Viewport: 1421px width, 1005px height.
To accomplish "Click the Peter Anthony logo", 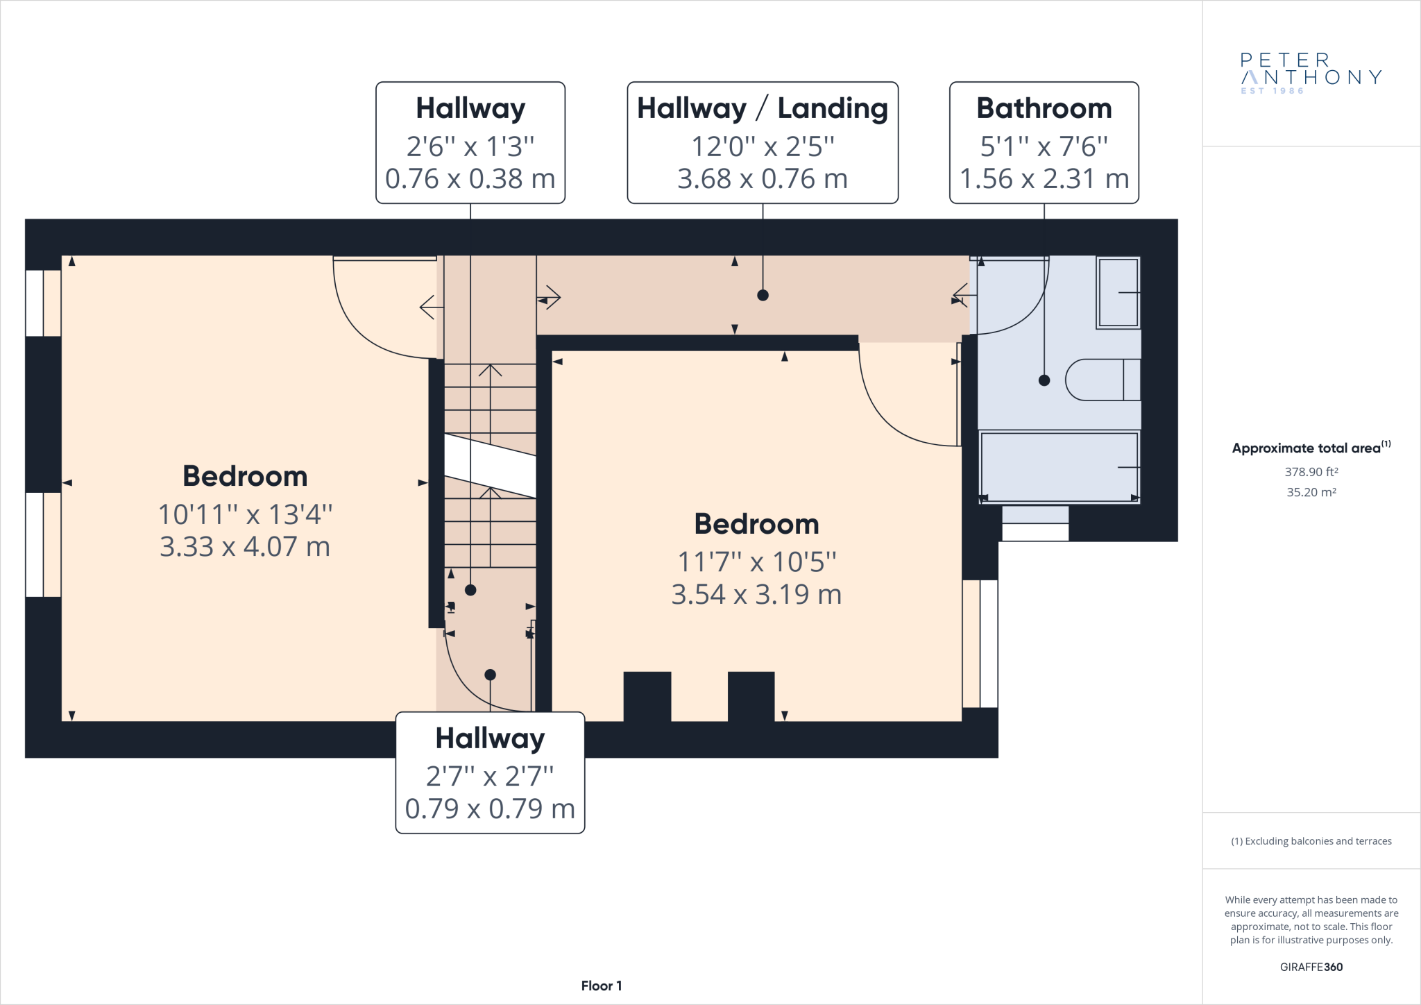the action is [x=1311, y=73].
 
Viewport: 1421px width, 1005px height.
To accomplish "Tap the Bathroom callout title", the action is [x=1044, y=108].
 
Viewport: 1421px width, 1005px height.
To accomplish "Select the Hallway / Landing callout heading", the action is [x=763, y=109].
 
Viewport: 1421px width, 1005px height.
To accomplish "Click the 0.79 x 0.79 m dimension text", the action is [x=490, y=809].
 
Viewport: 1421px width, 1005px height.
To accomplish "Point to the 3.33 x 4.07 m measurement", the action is [x=245, y=547].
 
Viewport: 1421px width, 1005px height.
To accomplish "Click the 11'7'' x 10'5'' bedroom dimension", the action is [x=757, y=562].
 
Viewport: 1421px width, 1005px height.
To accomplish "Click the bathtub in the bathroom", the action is [x=1059, y=466].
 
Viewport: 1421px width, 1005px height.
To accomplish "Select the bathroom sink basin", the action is [x=1118, y=292].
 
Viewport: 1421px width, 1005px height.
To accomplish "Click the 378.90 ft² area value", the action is [x=1311, y=472].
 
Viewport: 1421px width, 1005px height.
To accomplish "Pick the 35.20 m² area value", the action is [x=1311, y=492].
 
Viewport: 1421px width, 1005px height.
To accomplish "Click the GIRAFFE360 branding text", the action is [x=1311, y=967].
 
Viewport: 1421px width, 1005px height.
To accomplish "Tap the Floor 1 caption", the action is [x=602, y=986].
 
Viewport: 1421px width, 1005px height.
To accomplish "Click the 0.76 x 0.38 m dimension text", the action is [x=470, y=179].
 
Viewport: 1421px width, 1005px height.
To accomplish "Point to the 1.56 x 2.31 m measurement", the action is [x=1044, y=179].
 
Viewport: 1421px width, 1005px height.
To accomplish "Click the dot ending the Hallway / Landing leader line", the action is [x=763, y=295].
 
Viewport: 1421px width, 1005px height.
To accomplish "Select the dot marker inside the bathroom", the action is [x=1044, y=380].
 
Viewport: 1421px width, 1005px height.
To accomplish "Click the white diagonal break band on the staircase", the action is [x=490, y=466].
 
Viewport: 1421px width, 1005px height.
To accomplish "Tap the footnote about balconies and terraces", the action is [x=1311, y=841].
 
